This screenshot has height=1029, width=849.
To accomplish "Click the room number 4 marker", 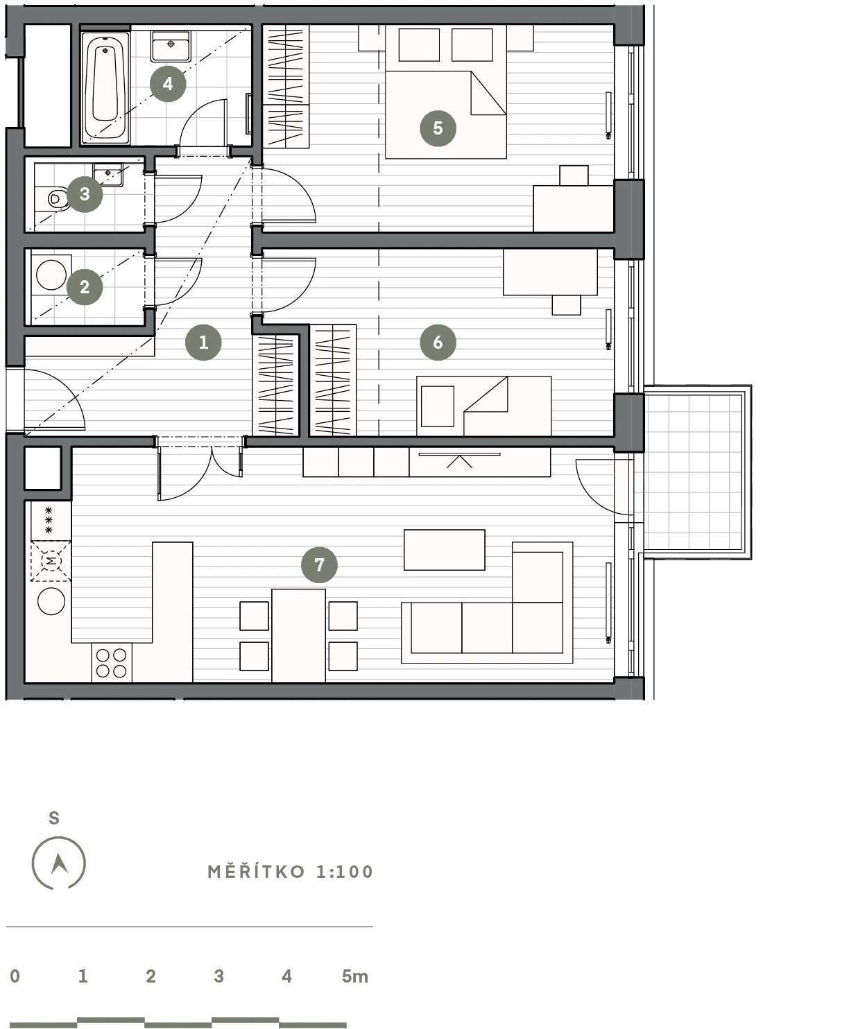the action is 168,84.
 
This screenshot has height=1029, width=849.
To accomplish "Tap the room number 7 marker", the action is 319,564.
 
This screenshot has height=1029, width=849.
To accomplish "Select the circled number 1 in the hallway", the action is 203,342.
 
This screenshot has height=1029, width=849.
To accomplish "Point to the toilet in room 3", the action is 57,199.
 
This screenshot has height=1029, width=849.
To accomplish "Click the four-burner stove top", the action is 112,663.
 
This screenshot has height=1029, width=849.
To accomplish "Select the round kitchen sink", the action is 51,601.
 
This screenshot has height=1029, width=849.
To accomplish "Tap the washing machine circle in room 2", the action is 51,275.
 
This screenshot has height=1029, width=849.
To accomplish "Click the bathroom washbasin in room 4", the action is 171,46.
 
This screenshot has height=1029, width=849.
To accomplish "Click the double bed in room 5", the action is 446,92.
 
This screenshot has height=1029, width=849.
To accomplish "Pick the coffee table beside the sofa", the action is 444,549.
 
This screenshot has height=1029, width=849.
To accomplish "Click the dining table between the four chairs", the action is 298,636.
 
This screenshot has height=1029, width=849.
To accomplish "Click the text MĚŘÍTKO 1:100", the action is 290,872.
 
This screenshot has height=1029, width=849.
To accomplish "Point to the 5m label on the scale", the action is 355,976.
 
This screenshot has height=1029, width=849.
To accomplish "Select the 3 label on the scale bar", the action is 219,976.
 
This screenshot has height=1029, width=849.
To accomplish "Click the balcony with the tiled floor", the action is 698,472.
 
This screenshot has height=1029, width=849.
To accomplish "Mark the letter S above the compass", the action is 54,818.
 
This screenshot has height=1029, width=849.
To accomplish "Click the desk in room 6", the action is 550,272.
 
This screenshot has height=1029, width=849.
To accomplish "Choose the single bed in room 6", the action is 483,406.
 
